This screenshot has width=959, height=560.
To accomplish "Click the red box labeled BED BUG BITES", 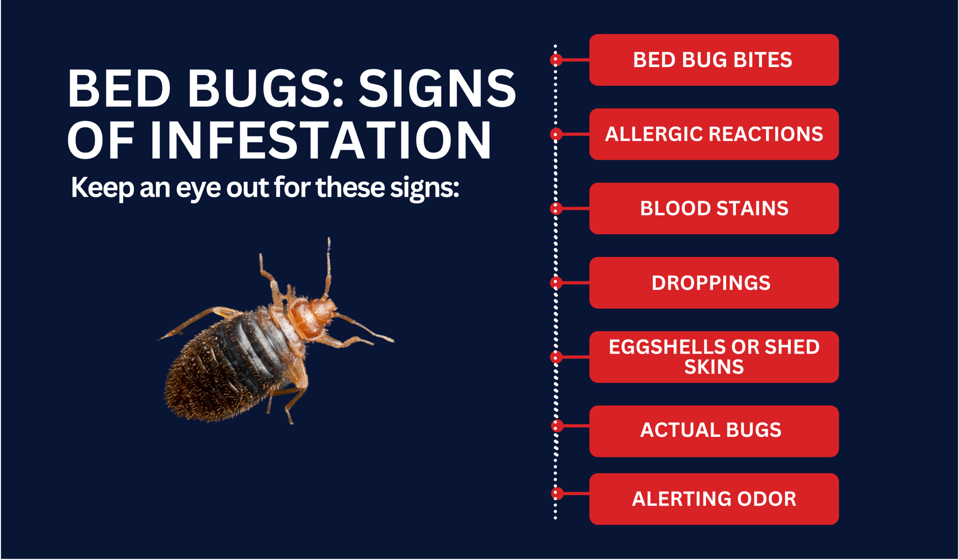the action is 714,60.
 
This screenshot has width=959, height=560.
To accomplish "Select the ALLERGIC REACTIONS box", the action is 714,134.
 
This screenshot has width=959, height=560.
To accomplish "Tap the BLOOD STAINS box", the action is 714,208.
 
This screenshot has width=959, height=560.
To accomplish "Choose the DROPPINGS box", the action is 714,283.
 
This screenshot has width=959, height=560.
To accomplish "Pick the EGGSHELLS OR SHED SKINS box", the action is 714,357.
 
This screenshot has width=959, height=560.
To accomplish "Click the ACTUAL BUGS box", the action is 714,431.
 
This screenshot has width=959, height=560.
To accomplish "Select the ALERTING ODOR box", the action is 714,499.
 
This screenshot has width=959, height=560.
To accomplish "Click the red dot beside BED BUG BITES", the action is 556,60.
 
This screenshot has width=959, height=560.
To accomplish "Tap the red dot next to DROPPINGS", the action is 556,283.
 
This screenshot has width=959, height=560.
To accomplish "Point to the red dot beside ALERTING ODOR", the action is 557,493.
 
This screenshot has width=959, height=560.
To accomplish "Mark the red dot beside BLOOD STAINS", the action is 556,208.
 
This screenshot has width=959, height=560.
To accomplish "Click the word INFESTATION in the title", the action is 321,140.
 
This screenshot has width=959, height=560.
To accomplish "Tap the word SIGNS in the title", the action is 437,88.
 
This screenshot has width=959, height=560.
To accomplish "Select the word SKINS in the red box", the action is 714,367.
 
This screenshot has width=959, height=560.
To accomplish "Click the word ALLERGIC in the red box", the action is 654,134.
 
